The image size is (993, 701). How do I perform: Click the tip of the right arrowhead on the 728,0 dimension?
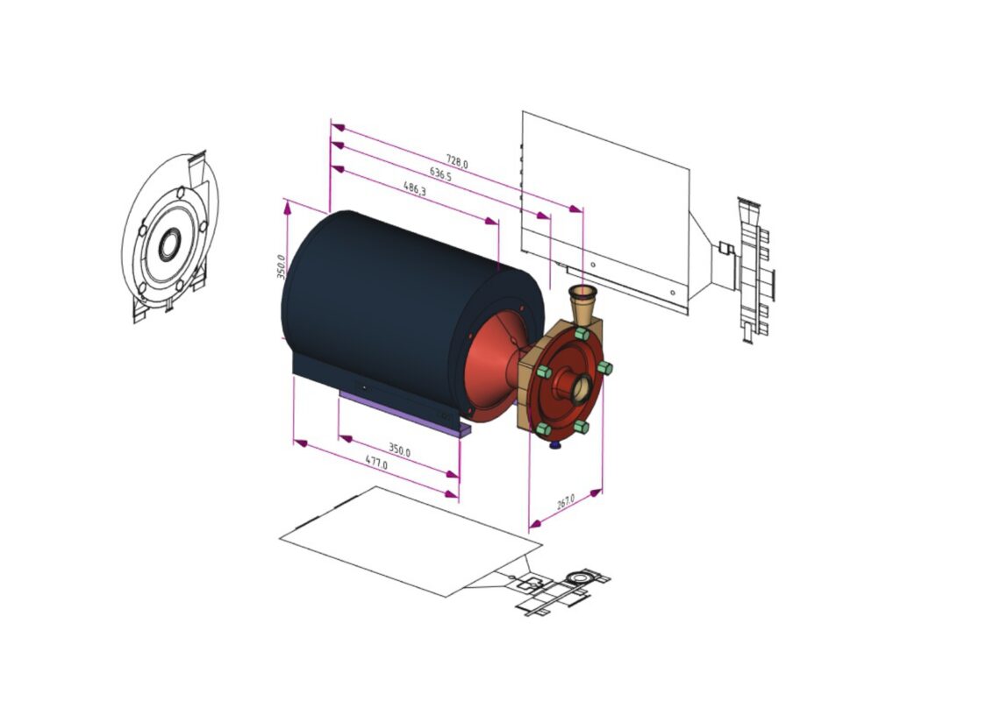[582, 209]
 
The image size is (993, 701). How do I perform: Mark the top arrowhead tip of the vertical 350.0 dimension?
[287, 200]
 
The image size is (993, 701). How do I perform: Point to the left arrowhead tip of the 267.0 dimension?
[530, 526]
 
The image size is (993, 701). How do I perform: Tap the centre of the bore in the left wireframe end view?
[169, 244]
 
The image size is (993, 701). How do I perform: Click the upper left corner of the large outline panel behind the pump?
[523, 112]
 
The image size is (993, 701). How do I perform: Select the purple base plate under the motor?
[405, 413]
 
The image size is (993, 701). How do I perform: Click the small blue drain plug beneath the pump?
[555, 445]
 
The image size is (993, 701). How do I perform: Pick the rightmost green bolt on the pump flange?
[604, 367]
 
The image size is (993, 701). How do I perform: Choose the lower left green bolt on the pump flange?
[543, 429]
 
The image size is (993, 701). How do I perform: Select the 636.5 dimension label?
[440, 174]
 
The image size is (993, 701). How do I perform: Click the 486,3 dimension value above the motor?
[415, 188]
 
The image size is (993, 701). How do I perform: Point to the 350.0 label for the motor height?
[281, 266]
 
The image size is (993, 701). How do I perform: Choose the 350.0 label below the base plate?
[399, 450]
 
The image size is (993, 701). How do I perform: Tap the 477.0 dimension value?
[377, 463]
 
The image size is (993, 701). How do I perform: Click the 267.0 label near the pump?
[566, 502]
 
